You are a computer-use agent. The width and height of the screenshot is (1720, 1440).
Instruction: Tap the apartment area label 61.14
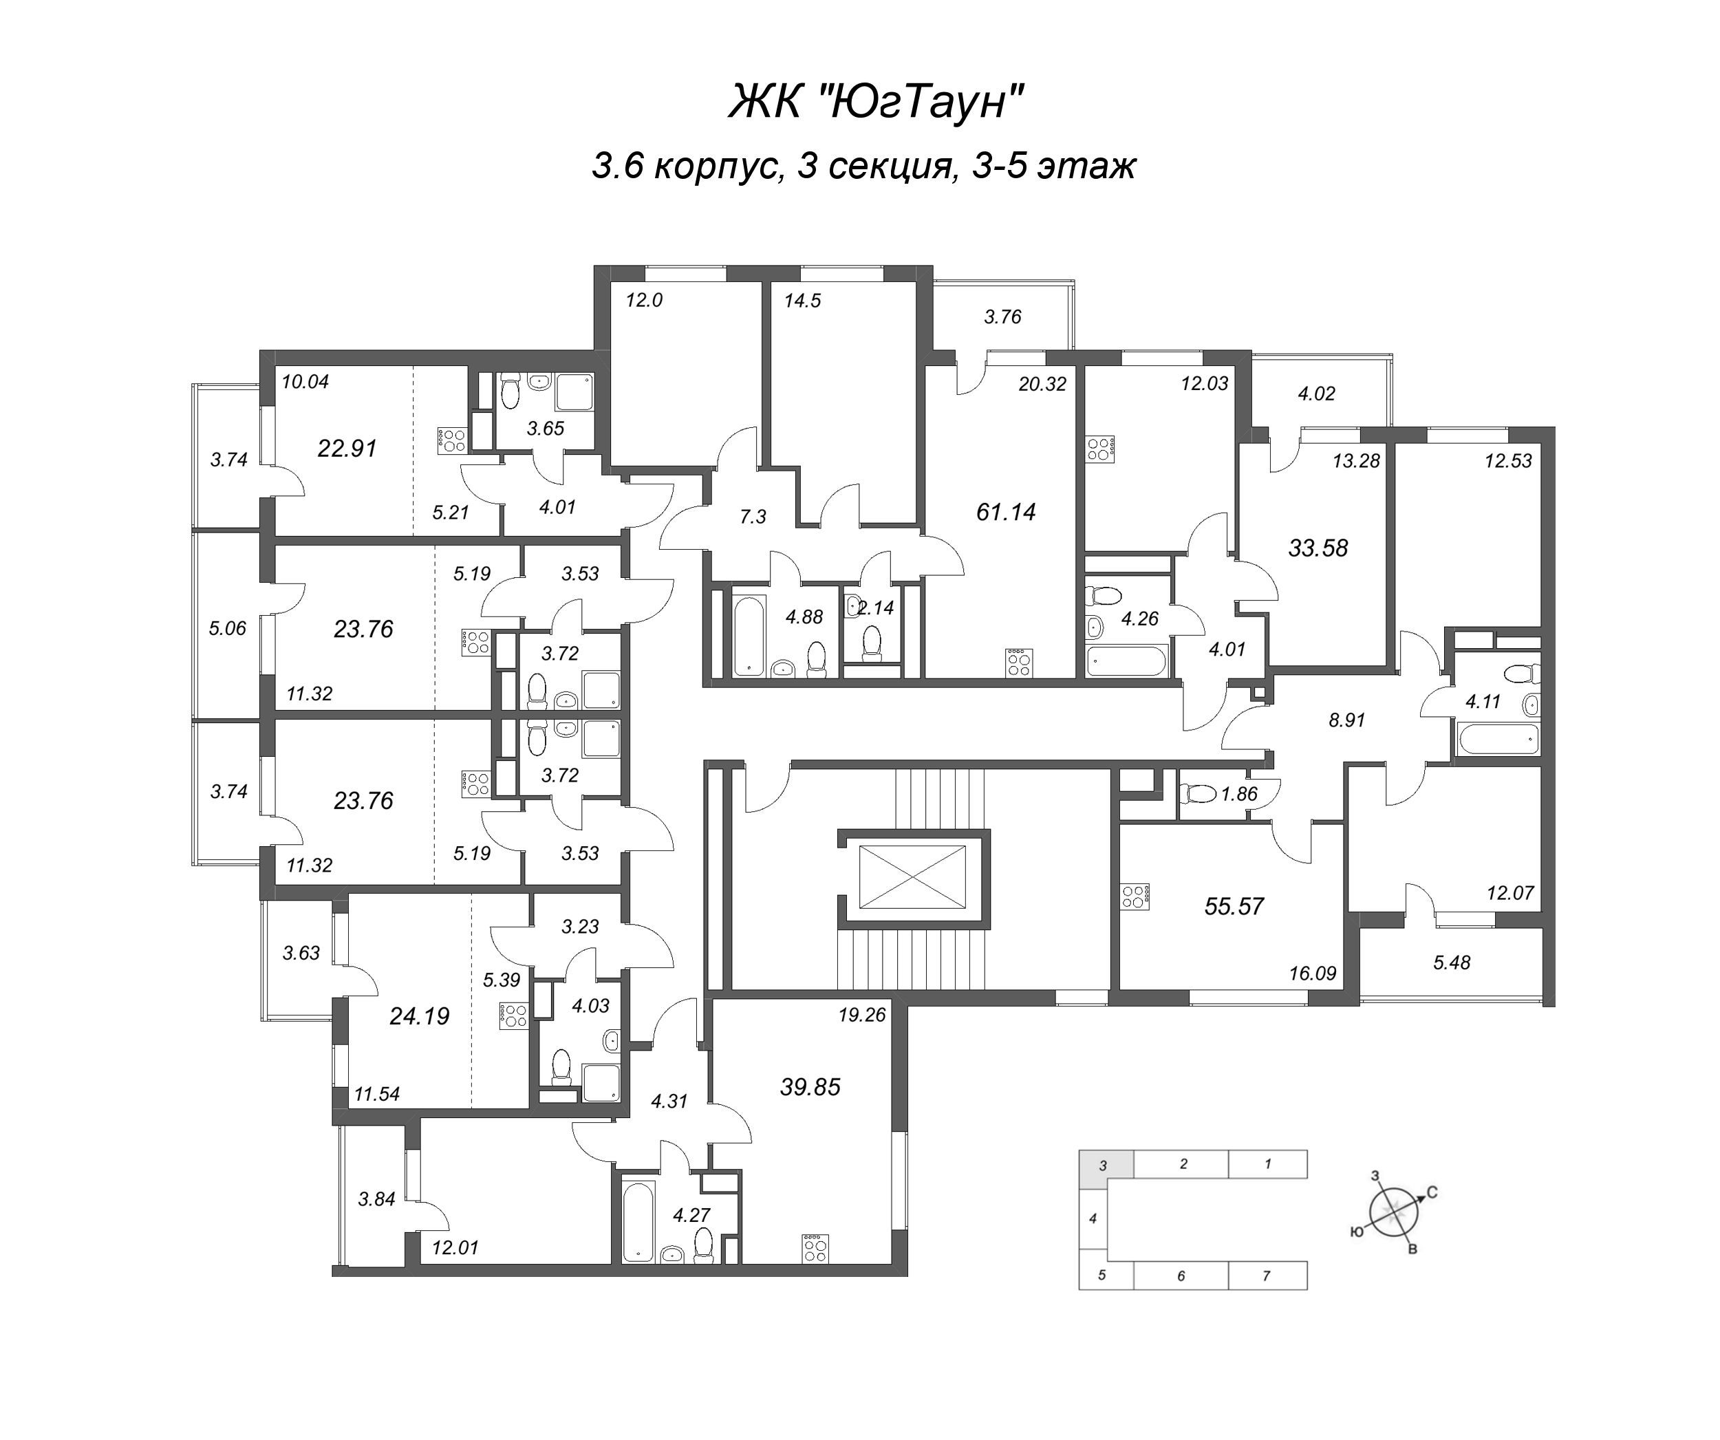coord(1006,512)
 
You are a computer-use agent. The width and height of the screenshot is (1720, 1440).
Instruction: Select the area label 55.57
coord(1234,906)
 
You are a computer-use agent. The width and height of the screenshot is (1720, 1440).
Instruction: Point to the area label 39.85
coord(810,1086)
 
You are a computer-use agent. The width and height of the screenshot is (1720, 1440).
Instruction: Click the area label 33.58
coord(1318,548)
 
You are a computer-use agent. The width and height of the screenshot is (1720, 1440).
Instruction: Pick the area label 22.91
coord(347,448)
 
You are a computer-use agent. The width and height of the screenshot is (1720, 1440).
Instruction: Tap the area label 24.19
coord(420,1015)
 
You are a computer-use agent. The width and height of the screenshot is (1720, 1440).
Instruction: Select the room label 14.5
coord(802,301)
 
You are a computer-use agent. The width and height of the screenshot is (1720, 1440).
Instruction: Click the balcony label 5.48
coord(1452,963)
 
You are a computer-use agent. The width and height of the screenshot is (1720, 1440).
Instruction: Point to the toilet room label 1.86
coord(1238,794)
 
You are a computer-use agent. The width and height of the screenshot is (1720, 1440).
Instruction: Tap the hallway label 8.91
coord(1346,720)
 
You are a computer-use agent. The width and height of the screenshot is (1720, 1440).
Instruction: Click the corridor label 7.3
coord(752,517)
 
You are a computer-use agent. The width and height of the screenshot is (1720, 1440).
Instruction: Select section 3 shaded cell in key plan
coord(1106,1165)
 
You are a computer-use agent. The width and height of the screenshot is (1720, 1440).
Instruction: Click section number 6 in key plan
coord(1181,1276)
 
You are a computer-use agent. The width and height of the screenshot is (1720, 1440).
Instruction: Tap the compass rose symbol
coord(1390,1212)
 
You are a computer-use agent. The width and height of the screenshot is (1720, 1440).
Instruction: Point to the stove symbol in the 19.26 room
coord(815,1247)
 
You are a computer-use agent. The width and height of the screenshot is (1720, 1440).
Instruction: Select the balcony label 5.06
coord(228,628)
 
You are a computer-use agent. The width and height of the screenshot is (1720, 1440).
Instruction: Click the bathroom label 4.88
coord(804,616)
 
